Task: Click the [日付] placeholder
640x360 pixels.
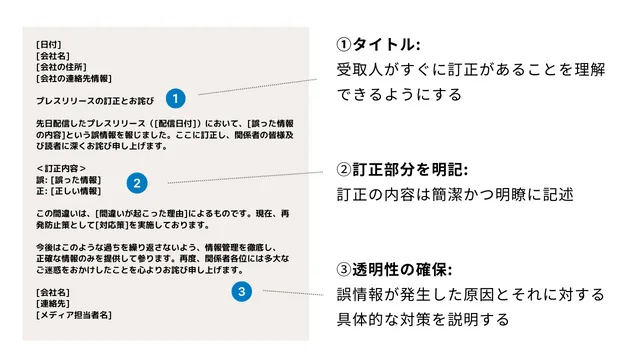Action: [x=49, y=45]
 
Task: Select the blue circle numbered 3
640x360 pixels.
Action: [x=240, y=292]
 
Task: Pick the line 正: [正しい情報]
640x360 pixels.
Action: [x=68, y=190]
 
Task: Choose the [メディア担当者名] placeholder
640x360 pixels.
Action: [x=74, y=314]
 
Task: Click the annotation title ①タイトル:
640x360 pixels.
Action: [x=378, y=45]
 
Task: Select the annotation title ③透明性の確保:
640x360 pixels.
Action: [x=396, y=270]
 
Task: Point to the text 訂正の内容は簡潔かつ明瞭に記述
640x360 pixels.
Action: [x=455, y=194]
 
